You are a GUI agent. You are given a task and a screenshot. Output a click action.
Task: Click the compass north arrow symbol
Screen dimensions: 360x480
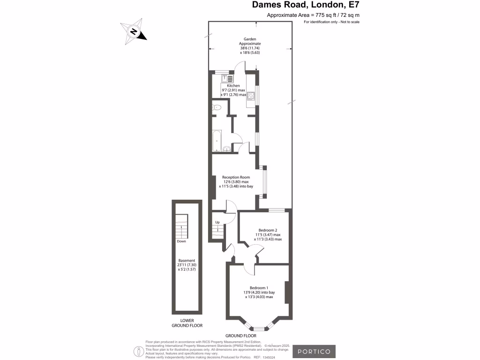point(134,32)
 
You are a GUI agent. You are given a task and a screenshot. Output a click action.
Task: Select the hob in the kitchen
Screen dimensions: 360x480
point(251,96)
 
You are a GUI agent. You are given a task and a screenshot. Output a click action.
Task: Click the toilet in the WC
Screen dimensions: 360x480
point(216,108)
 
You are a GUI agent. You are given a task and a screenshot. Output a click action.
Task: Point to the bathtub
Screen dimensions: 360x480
point(216,142)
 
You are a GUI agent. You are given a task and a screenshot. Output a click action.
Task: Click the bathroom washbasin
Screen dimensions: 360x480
point(227,150)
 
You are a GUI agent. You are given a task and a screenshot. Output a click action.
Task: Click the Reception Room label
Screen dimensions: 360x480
point(235,177)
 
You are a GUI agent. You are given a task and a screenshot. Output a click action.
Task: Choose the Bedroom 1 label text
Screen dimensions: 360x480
point(259,287)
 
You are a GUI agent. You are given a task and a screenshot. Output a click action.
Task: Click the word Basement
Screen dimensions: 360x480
point(187,261)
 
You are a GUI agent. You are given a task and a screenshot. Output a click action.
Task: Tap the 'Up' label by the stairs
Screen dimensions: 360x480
point(217,222)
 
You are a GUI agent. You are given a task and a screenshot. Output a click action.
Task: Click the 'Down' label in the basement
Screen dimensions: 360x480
point(181,241)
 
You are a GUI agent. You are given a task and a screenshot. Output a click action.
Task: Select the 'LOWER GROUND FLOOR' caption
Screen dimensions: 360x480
point(187,323)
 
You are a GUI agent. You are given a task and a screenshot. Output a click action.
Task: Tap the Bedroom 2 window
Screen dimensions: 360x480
point(276,210)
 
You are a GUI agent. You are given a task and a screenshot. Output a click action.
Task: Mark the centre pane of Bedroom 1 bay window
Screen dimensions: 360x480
point(258,328)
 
